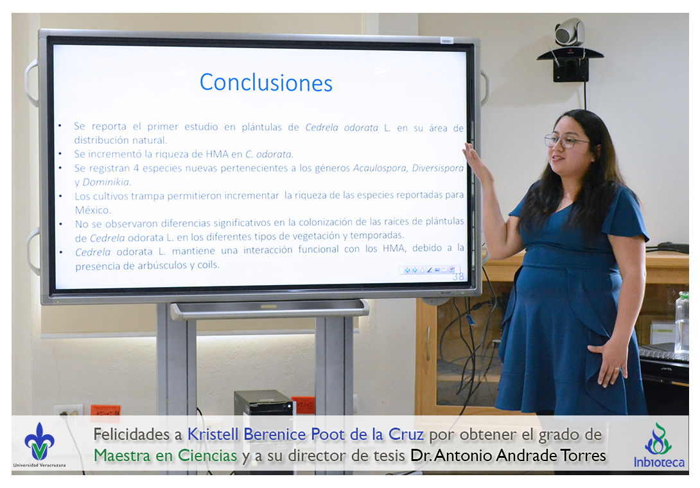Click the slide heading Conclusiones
point(266,83)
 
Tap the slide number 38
point(459,277)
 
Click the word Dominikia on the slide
point(107,182)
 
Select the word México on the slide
point(92,210)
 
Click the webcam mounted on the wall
point(570,33)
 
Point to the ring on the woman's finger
point(617,369)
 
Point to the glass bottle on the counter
point(681,322)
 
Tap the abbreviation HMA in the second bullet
point(218,155)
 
